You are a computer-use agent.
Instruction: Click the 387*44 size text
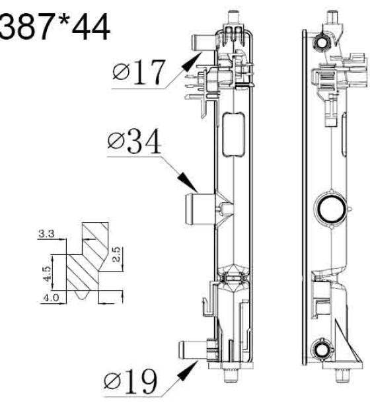54,27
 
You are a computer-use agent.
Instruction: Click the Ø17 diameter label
139,72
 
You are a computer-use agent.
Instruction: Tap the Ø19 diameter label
131,382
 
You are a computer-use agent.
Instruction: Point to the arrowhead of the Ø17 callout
192,60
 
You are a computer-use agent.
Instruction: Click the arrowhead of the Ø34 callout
188,182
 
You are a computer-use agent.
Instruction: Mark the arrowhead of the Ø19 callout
188,370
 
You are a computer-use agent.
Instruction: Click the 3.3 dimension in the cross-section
46,234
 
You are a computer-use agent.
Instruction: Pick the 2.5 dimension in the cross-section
116,254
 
